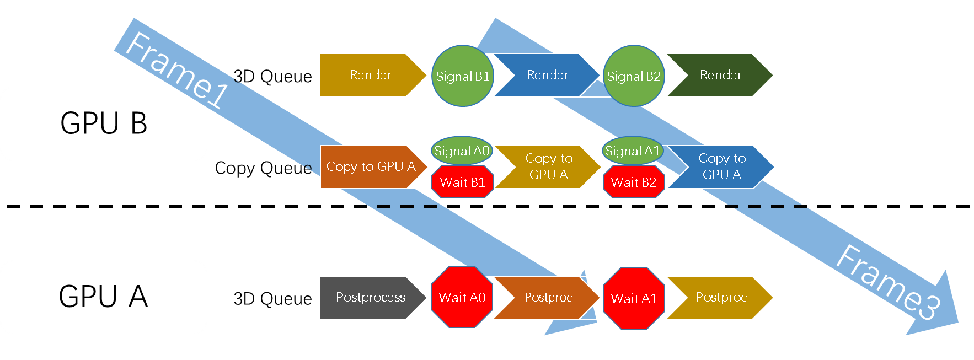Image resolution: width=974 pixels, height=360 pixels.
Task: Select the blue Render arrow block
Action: click(x=546, y=76)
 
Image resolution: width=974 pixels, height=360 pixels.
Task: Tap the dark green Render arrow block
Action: click(x=719, y=76)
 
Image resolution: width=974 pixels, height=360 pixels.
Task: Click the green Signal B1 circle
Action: click(x=462, y=76)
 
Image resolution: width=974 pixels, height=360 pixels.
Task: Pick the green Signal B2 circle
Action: click(x=634, y=76)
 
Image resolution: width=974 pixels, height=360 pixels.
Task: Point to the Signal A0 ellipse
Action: click(x=462, y=151)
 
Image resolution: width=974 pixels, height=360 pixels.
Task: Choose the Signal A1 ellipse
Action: click(x=633, y=151)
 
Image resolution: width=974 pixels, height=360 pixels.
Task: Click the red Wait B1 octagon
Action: click(x=462, y=182)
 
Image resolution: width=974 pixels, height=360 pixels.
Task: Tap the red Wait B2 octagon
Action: click(x=634, y=182)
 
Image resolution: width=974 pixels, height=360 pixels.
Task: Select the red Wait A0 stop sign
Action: click(x=462, y=297)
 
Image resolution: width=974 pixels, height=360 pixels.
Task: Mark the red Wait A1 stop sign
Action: click(x=634, y=298)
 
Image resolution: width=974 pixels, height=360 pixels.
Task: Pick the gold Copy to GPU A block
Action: click(x=548, y=166)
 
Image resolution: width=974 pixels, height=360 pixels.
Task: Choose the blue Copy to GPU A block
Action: click(x=721, y=166)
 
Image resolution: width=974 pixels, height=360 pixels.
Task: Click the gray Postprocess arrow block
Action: click(x=371, y=297)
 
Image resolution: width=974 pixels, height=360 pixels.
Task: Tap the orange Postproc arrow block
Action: click(x=547, y=297)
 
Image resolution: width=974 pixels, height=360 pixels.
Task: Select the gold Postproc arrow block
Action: click(x=720, y=297)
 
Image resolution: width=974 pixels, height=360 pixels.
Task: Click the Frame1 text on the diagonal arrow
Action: click(x=176, y=69)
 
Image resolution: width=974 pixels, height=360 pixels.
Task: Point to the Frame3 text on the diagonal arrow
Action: click(x=888, y=282)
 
